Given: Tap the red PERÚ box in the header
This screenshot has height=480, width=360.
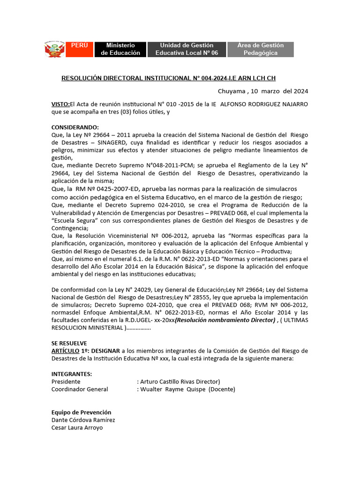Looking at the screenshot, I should (x=80, y=49).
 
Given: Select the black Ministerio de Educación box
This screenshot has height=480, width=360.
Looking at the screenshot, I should (x=120, y=49).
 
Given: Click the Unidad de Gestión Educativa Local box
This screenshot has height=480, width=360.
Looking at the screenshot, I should (x=187, y=49).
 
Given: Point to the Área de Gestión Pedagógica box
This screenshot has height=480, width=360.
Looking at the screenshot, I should (x=260, y=49).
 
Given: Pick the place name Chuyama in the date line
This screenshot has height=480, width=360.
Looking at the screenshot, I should (x=232, y=91).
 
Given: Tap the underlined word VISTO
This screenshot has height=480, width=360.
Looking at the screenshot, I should (x=60, y=104).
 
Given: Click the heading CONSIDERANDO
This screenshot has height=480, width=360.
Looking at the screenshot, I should (x=75, y=127).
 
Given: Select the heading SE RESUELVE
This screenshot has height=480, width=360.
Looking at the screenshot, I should (x=69, y=343).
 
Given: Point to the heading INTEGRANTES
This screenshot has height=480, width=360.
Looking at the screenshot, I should (x=72, y=374).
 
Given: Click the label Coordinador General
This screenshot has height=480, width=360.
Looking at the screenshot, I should (x=80, y=389).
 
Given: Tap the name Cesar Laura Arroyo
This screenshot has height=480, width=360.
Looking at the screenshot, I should (x=77, y=427).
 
